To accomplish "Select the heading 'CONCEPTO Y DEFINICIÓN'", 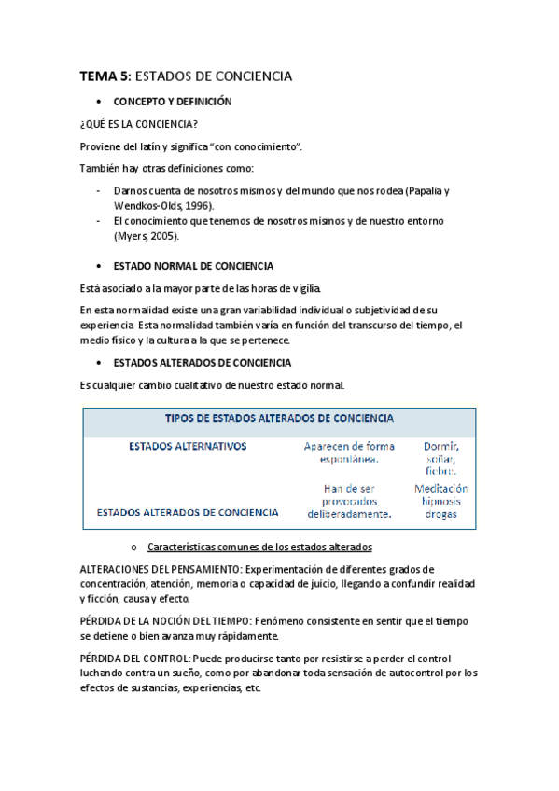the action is click(173, 101).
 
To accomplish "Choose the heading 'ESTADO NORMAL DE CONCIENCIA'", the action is click(193, 266).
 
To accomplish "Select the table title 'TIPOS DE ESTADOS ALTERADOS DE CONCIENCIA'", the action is click(279, 419).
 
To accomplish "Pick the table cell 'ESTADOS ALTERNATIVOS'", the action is click(188, 447).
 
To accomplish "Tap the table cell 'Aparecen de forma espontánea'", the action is click(349, 452).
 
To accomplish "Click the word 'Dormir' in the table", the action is click(440, 446).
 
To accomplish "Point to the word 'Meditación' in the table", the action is click(440, 488).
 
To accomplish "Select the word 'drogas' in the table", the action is click(440, 514).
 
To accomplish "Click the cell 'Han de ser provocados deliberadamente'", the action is click(349, 501).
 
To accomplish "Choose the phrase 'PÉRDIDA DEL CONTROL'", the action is click(134, 659).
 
